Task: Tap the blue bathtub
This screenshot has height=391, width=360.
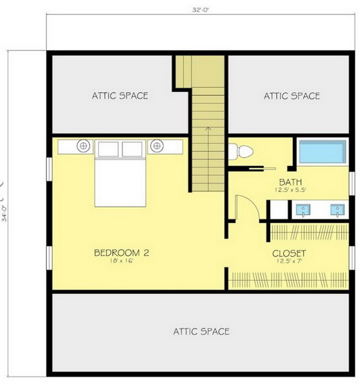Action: [x=323, y=152]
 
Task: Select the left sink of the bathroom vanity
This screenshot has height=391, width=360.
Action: [x=303, y=210]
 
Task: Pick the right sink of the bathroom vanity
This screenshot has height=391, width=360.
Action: [x=337, y=210]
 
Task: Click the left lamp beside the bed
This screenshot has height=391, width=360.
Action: [x=83, y=145]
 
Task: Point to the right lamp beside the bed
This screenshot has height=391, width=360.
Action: [x=157, y=145]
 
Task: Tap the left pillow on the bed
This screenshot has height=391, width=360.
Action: [x=108, y=149]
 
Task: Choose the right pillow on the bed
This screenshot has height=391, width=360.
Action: [x=132, y=149]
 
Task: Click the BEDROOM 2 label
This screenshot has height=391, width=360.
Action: [x=122, y=253]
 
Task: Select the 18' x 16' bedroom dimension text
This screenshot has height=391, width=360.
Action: [x=122, y=261]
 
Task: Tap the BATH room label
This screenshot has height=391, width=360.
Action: [x=290, y=182]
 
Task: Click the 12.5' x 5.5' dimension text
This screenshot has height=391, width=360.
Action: [x=290, y=190]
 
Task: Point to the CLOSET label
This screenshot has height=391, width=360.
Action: [x=289, y=253]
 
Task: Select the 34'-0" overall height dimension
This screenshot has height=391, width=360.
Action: [x=5, y=214]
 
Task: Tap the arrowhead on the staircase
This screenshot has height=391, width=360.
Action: [x=208, y=128]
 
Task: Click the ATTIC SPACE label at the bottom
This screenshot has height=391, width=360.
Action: [x=201, y=332]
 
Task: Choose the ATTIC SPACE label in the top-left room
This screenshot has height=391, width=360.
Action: [x=120, y=96]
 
